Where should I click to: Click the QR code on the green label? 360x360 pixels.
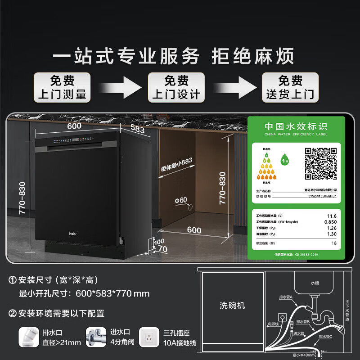click(321, 164)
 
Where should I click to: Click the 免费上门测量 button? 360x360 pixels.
click(62, 87)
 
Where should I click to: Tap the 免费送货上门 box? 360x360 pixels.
click(290, 87)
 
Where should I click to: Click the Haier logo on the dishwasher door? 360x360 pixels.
click(72, 234)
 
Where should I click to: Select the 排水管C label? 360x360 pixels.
click(324, 336)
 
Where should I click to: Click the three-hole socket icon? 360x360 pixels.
click(148, 336)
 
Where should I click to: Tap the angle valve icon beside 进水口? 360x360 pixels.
click(95, 336)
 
